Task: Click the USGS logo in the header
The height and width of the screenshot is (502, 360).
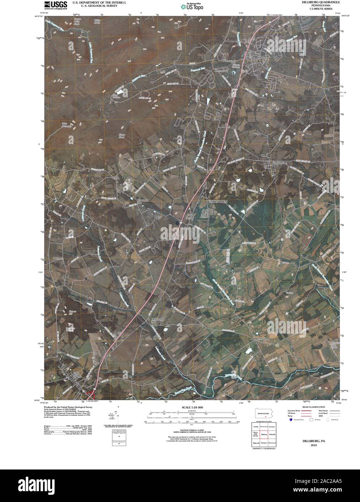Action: tap(56, 4)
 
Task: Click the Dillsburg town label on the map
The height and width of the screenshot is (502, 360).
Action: tap(262, 57)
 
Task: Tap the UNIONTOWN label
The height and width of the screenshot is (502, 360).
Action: tap(218, 202)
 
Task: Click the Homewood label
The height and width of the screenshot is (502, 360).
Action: tap(228, 60)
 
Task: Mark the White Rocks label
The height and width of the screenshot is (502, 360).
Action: tap(97, 22)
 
